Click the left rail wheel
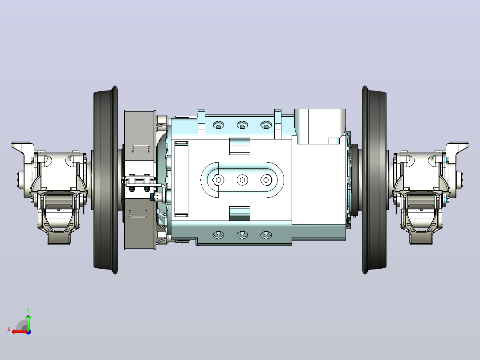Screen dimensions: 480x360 [x=106, y=180]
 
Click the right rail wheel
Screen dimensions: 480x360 [x=374, y=180]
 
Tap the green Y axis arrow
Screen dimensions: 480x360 [x=28, y=322]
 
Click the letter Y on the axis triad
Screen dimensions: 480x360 [x=28, y=310]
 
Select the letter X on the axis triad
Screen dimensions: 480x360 [x=9, y=330]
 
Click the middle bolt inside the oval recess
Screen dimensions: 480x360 [x=242, y=180]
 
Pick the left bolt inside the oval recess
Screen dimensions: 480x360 [x=218, y=180]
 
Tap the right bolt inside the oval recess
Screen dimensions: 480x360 [x=266, y=180]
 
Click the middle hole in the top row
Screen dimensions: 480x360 [x=242, y=125]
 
